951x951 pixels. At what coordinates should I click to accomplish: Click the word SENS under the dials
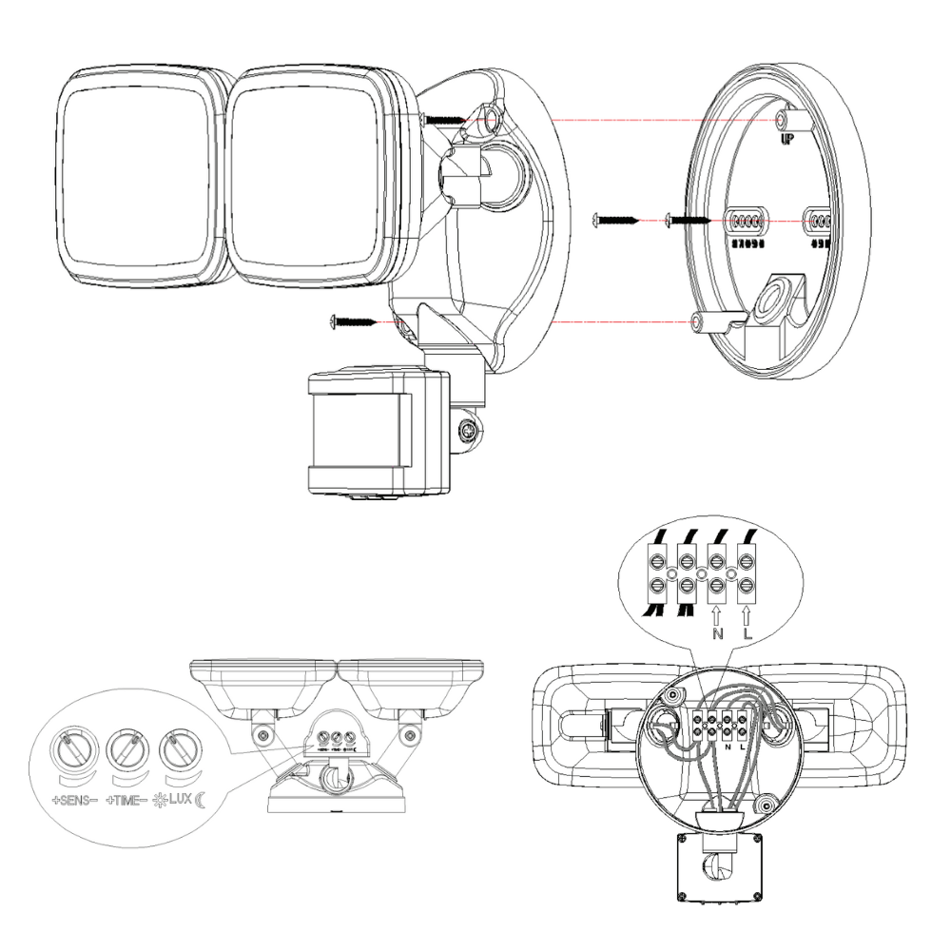(x=76, y=800)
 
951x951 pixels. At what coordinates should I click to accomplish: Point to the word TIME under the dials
(x=128, y=800)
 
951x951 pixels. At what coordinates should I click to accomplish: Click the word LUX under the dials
(x=180, y=800)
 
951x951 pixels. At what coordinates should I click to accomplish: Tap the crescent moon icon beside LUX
(x=201, y=800)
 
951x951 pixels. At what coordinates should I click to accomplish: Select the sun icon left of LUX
(x=159, y=800)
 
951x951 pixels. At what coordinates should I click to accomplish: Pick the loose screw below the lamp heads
(x=353, y=321)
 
